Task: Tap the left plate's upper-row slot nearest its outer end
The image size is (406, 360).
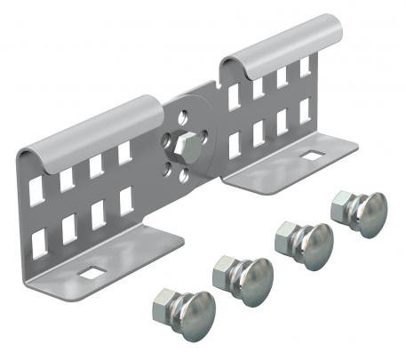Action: point(36,187)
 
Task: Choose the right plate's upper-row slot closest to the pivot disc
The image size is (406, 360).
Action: point(234,97)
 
